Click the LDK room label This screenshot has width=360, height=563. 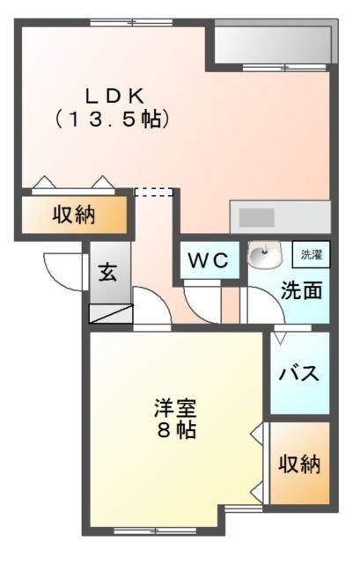pyautogui.click(x=114, y=95)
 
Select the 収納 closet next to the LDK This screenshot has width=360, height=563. pyautogui.click(x=74, y=214)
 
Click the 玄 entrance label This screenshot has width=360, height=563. pyautogui.click(x=107, y=273)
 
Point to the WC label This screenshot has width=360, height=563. pyautogui.click(x=208, y=261)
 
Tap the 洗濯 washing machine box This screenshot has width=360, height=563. pyautogui.click(x=312, y=254)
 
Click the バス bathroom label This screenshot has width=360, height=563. pyautogui.click(x=299, y=372)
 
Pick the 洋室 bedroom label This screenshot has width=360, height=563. pyautogui.click(x=175, y=409)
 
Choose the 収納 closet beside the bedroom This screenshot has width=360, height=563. pyautogui.click(x=299, y=464)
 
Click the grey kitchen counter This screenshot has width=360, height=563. pyautogui.click(x=279, y=217)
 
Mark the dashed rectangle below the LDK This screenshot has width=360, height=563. pyautogui.click(x=153, y=192)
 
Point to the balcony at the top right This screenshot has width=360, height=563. pyautogui.click(x=273, y=43)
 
